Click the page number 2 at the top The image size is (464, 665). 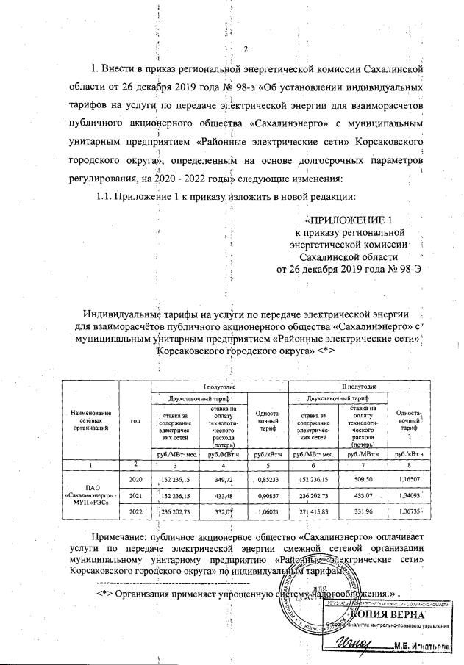246,49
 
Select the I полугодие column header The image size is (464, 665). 219,386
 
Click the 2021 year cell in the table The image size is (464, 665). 135,495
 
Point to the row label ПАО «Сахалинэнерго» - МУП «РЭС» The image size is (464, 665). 88,495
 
